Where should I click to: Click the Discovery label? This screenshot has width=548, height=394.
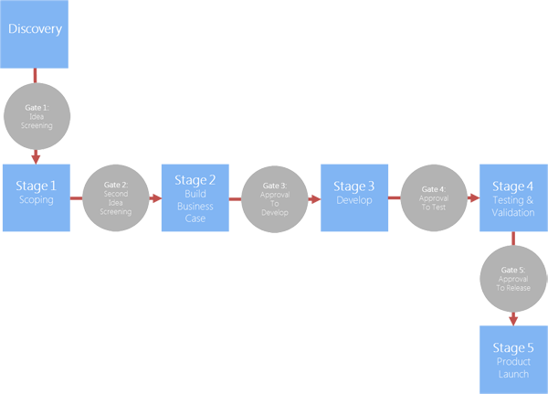click(x=35, y=29)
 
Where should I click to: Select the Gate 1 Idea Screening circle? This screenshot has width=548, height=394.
click(x=37, y=116)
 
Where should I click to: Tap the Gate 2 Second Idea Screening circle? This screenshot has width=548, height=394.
click(x=115, y=197)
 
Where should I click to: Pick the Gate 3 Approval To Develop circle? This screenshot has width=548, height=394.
click(x=274, y=197)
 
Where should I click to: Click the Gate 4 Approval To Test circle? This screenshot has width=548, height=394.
click(x=433, y=197)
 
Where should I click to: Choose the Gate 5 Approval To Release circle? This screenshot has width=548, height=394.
click(x=513, y=277)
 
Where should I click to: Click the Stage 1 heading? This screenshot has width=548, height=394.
click(x=36, y=186)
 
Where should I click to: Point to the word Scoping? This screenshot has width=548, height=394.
click(x=36, y=200)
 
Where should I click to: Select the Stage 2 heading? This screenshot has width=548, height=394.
click(x=195, y=180)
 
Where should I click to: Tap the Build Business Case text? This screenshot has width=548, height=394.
click(x=195, y=207)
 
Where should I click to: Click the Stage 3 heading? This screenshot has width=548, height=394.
click(x=354, y=186)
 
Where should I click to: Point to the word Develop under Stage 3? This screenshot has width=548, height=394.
click(x=354, y=200)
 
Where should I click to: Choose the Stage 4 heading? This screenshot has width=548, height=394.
click(x=513, y=186)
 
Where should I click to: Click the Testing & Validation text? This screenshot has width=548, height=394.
click(x=513, y=206)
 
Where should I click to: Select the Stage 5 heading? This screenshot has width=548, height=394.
click(x=513, y=347)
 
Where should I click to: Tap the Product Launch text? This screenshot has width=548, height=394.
click(x=513, y=367)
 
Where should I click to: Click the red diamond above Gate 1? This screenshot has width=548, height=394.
click(x=36, y=75)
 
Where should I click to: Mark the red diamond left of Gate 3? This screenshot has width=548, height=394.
click(x=235, y=197)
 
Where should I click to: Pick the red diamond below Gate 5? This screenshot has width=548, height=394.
click(x=513, y=318)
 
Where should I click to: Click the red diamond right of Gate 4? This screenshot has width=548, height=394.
click(x=474, y=197)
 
